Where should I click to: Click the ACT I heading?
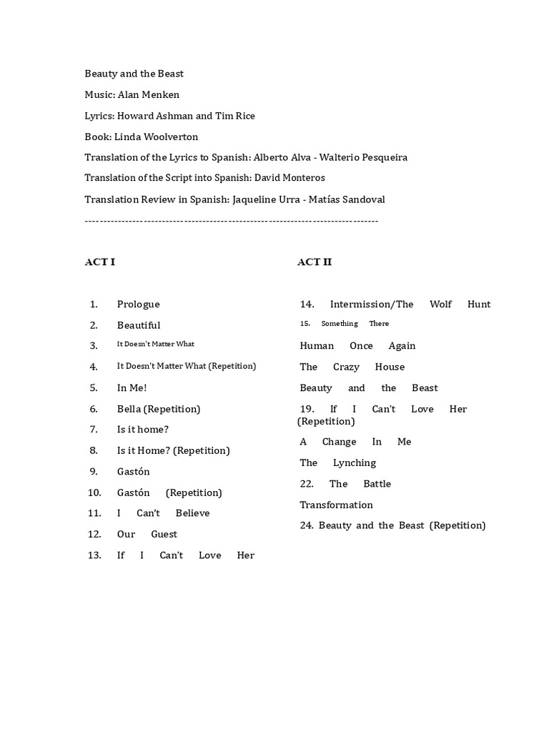(100, 262)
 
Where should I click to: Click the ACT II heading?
(315, 262)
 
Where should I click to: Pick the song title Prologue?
(138, 304)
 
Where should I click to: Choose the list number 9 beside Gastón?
(94, 471)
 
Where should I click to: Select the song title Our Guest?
(147, 534)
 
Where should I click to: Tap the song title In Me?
(132, 387)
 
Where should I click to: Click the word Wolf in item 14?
(440, 304)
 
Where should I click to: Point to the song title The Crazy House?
(352, 367)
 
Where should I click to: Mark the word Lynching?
(354, 463)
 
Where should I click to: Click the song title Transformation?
(336, 505)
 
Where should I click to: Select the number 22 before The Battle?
(307, 484)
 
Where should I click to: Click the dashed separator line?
(231, 221)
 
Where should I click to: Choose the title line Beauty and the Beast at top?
(134, 74)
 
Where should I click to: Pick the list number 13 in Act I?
(94, 555)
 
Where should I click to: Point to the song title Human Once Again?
(357, 346)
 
